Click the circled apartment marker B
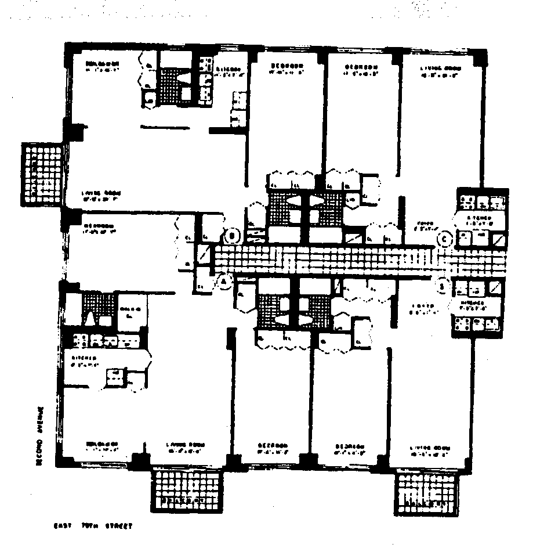(232, 236)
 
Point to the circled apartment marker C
(445, 237)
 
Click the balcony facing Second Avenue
(42, 172)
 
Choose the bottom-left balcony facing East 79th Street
(187, 489)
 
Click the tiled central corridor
(325, 260)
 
